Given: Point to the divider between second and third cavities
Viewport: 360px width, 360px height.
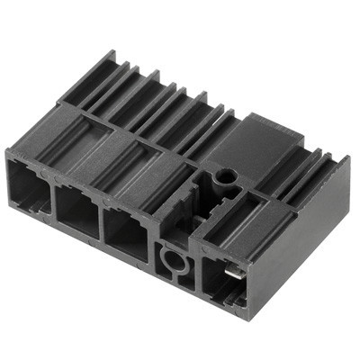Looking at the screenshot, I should click(x=103, y=224).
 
